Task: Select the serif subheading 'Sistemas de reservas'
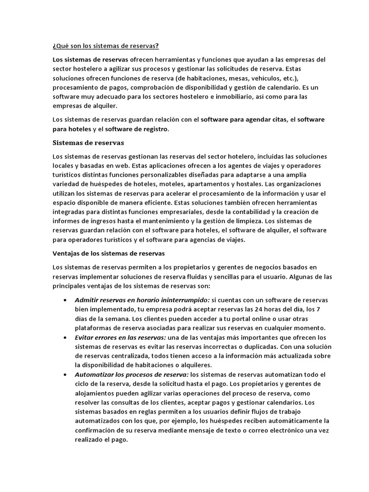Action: click(88, 143)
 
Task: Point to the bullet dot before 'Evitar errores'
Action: click(65, 338)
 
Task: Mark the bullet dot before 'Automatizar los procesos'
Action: click(65, 374)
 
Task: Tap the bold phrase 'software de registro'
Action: click(137, 129)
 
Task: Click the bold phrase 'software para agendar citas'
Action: click(243, 120)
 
